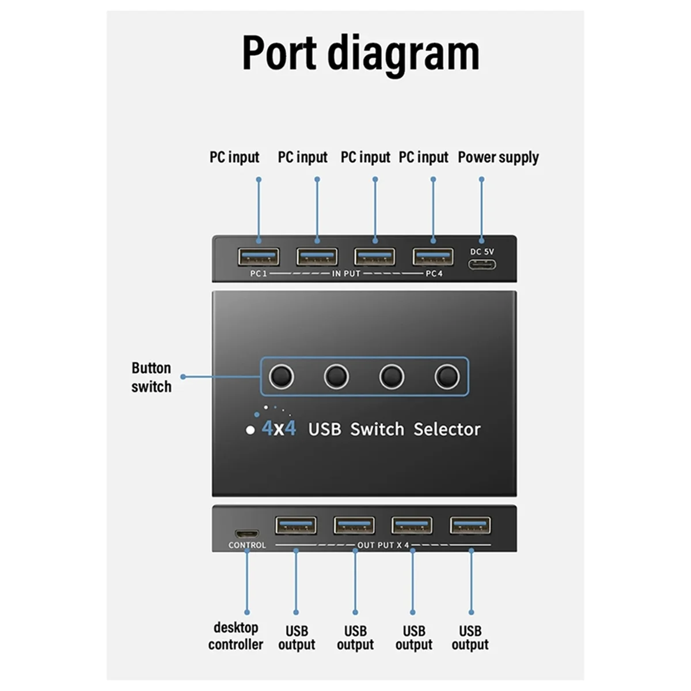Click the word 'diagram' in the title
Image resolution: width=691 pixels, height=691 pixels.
click(403, 54)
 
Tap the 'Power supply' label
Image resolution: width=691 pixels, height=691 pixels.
click(498, 157)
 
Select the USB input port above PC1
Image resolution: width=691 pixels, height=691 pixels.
click(259, 257)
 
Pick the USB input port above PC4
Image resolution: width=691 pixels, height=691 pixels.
click(433, 257)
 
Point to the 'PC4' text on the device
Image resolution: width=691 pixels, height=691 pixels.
click(434, 274)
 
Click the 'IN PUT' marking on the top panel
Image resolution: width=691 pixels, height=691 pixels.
click(346, 274)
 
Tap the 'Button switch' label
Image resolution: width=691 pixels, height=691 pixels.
click(151, 377)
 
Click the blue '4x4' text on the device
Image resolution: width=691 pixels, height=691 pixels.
click(279, 428)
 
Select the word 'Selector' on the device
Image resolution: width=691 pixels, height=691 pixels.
click(447, 429)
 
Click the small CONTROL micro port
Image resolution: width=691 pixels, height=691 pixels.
click(247, 534)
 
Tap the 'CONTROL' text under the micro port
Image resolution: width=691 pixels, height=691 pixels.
click(247, 545)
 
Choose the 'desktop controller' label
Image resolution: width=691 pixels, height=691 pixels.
click(236, 636)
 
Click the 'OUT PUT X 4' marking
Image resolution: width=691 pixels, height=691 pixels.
click(383, 545)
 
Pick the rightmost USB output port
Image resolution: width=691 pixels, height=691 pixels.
click(470, 526)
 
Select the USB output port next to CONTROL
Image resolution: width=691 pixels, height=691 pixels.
click(296, 526)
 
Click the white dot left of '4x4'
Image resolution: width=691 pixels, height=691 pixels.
click(250, 430)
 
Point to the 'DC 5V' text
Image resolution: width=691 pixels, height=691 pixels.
click(482, 252)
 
